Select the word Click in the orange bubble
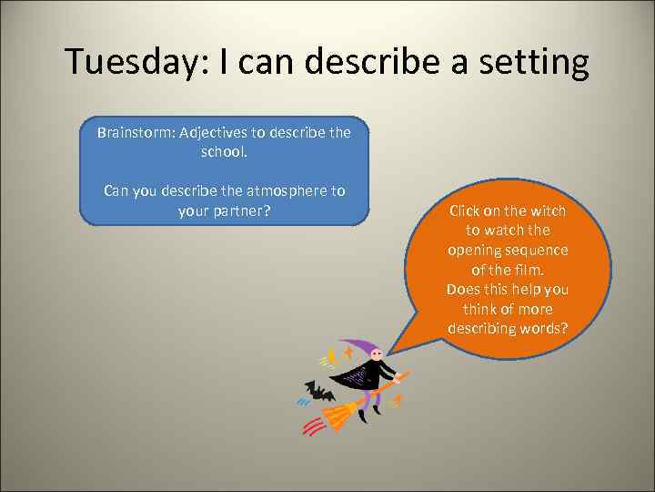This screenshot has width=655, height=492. [x=467, y=210]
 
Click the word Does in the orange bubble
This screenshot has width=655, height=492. [x=464, y=289]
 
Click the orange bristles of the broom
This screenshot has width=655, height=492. [x=338, y=415]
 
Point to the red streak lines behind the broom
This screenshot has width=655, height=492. [x=311, y=426]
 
